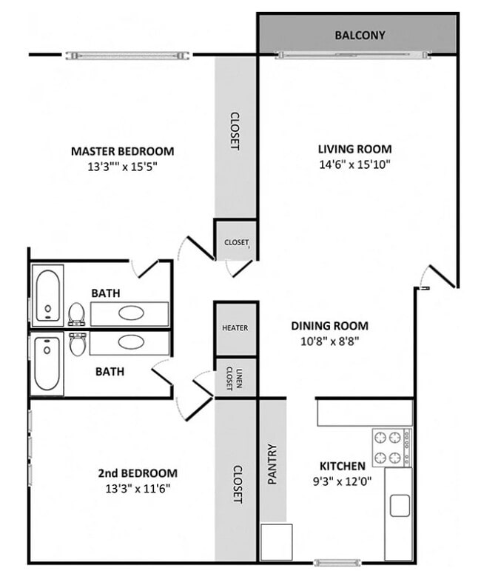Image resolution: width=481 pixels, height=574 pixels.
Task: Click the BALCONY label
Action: tap(360, 35)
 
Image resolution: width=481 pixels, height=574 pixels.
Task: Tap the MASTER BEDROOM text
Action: tap(123, 151)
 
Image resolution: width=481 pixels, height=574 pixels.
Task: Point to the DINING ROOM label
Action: tap(329, 326)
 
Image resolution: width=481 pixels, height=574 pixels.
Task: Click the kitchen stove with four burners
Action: tap(391, 447)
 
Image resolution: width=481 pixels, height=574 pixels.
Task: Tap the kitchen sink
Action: tap(400, 505)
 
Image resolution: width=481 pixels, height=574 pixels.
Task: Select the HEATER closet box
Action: tap(235, 327)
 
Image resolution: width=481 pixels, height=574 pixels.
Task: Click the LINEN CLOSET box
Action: tap(235, 377)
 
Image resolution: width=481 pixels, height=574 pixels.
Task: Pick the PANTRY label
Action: tap(272, 464)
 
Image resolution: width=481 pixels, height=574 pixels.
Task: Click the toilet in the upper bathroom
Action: tap(76, 314)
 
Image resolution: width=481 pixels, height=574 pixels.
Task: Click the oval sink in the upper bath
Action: tap(132, 313)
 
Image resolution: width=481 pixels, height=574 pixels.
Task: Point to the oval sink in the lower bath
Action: tap(132, 342)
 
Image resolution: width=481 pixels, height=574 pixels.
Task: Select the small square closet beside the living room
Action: tap(236, 241)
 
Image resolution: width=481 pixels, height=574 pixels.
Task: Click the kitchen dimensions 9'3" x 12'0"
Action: tap(342, 480)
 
